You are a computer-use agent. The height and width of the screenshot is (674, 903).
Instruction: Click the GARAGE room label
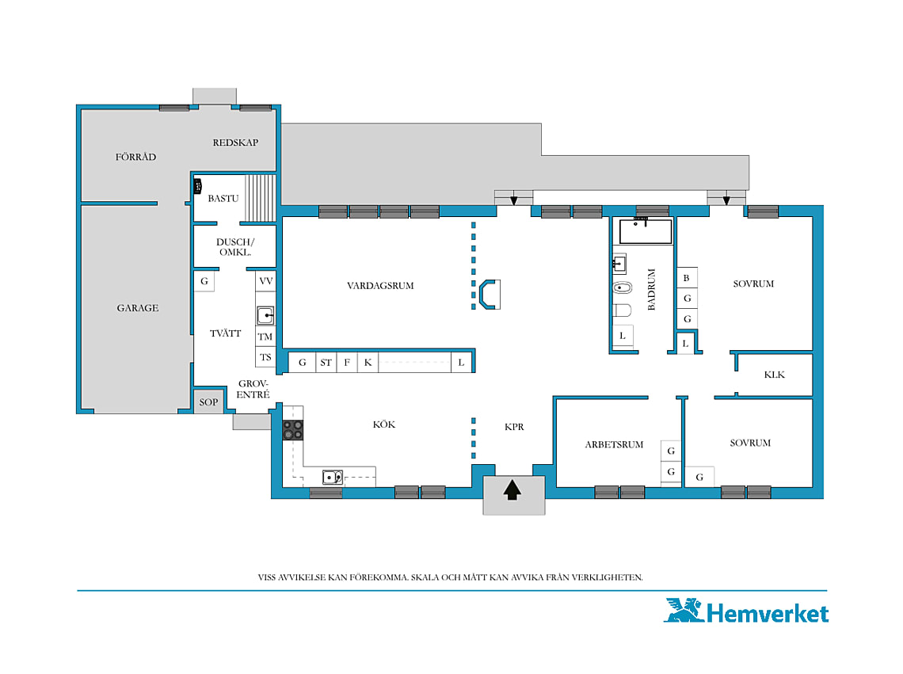pyautogui.click(x=138, y=308)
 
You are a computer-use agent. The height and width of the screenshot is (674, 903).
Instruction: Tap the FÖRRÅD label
pyautogui.click(x=135, y=157)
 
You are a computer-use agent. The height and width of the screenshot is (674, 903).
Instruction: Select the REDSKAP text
pyautogui.click(x=235, y=143)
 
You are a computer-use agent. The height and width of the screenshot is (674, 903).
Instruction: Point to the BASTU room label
pyautogui.click(x=223, y=198)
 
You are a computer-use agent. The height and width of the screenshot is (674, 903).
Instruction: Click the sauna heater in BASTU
pyautogui.click(x=197, y=186)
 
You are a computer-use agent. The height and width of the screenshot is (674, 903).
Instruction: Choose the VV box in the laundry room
pyautogui.click(x=265, y=281)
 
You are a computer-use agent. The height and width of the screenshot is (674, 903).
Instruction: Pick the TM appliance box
pyautogui.click(x=265, y=337)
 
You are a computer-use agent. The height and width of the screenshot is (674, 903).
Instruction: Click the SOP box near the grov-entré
pyautogui.click(x=208, y=402)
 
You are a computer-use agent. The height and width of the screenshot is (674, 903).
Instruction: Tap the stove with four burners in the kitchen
pyautogui.click(x=292, y=430)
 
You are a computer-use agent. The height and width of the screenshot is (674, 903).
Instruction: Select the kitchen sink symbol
pyautogui.click(x=333, y=477)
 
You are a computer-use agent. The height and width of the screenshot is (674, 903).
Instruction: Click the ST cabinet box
pyautogui.click(x=326, y=363)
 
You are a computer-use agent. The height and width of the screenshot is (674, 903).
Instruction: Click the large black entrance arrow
pyautogui.click(x=512, y=490)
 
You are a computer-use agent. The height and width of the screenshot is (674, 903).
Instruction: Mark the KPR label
pyautogui.click(x=514, y=427)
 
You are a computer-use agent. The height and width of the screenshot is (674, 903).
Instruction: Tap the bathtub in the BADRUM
pyautogui.click(x=646, y=231)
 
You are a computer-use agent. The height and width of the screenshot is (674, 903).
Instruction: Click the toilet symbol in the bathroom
pyautogui.click(x=622, y=310)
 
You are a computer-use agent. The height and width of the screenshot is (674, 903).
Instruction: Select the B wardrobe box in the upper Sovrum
pyautogui.click(x=687, y=278)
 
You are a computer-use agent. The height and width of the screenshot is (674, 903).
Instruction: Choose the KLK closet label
pyautogui.click(x=774, y=375)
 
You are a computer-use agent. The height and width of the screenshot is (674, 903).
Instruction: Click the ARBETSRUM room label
pyautogui.click(x=614, y=444)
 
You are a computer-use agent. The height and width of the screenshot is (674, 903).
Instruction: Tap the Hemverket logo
pyautogui.click(x=747, y=611)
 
